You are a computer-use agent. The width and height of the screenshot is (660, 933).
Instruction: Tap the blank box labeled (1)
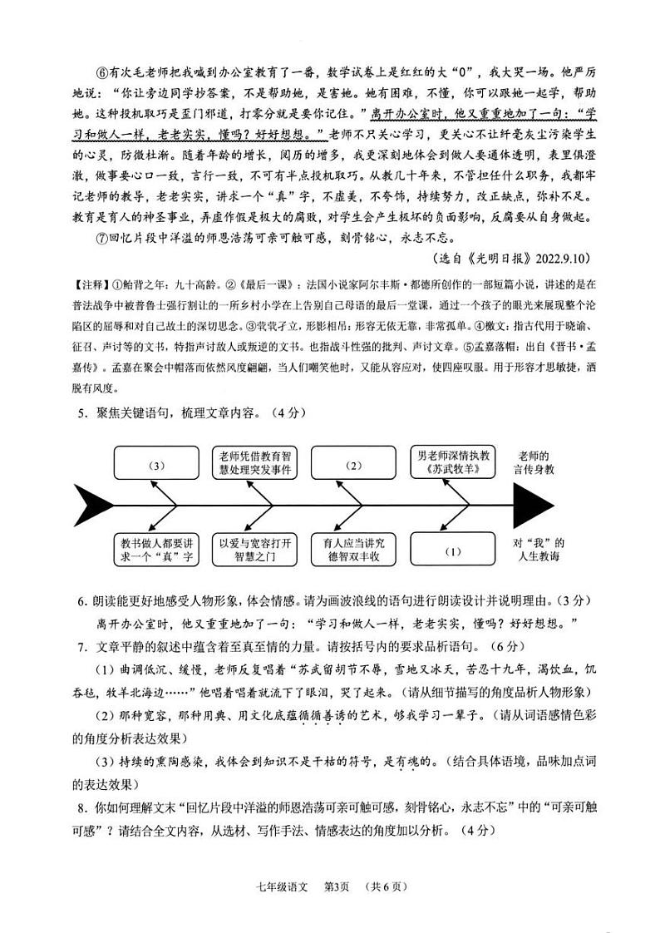click(x=453, y=550)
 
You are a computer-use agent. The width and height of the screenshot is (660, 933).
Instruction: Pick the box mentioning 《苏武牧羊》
click(x=453, y=463)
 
